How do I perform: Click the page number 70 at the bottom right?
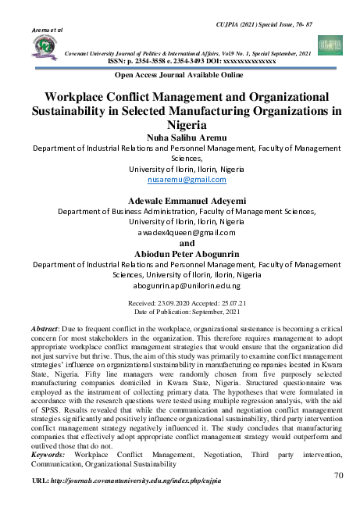(338, 475)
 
